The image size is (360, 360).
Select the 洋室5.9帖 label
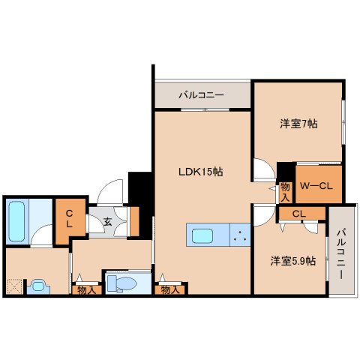point(292,261)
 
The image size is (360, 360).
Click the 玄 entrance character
point(107,221)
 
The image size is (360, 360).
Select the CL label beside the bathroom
point(68,218)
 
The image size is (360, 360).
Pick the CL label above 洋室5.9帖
point(298,214)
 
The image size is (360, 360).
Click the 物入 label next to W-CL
point(285,191)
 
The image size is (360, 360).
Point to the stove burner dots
point(240,237)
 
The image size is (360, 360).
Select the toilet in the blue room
point(120,283)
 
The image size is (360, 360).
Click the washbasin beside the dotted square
point(37,286)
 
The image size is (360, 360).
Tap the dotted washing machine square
point(13,286)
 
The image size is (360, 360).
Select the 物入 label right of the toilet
point(169,289)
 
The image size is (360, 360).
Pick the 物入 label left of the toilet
point(85,289)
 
